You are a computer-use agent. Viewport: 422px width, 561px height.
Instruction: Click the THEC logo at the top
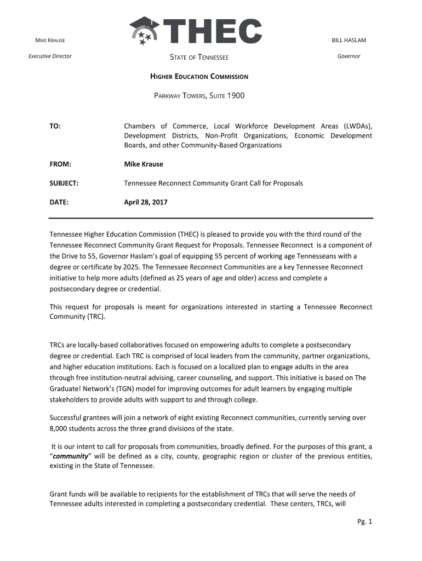pyautogui.click(x=196, y=31)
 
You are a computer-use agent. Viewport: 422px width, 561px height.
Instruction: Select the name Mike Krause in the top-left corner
pyautogui.click(x=50, y=41)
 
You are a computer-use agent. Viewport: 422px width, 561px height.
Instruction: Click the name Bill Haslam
pyautogui.click(x=349, y=41)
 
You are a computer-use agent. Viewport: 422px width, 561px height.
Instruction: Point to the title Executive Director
pyautogui.click(x=50, y=56)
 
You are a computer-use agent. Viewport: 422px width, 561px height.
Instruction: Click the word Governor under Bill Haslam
pyautogui.click(x=349, y=56)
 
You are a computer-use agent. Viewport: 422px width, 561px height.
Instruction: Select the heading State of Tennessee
pyautogui.click(x=199, y=58)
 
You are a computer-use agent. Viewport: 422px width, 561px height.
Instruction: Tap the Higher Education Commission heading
pyautogui.click(x=199, y=77)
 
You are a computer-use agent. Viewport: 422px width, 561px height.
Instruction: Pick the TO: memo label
pyautogui.click(x=55, y=127)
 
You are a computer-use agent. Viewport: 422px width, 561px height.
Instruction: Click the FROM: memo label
pyautogui.click(x=60, y=164)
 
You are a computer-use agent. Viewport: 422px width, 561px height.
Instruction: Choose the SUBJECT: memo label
pyautogui.click(x=64, y=183)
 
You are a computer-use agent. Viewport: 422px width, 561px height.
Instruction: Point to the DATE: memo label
pyautogui.click(x=59, y=202)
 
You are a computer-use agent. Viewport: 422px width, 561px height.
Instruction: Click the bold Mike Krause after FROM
pyautogui.click(x=143, y=164)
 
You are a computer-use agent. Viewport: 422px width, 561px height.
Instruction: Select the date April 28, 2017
pyautogui.click(x=145, y=202)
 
